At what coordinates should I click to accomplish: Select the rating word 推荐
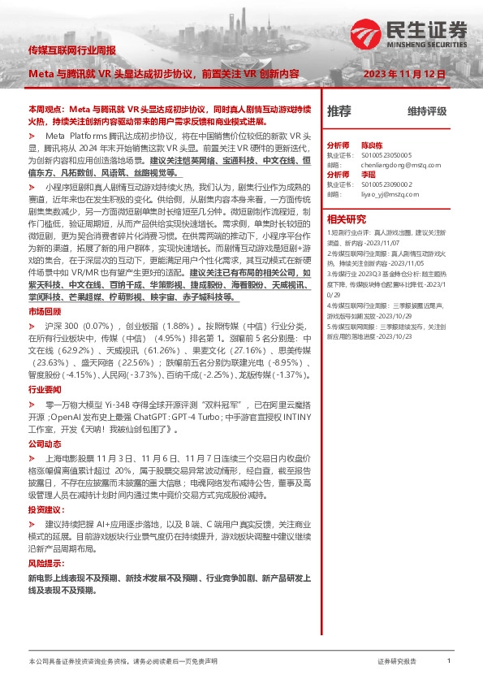339,111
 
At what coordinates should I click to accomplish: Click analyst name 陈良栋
373,141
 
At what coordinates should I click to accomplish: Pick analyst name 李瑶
369,174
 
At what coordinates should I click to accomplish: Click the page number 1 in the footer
449,662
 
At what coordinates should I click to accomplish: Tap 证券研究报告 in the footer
397,662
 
